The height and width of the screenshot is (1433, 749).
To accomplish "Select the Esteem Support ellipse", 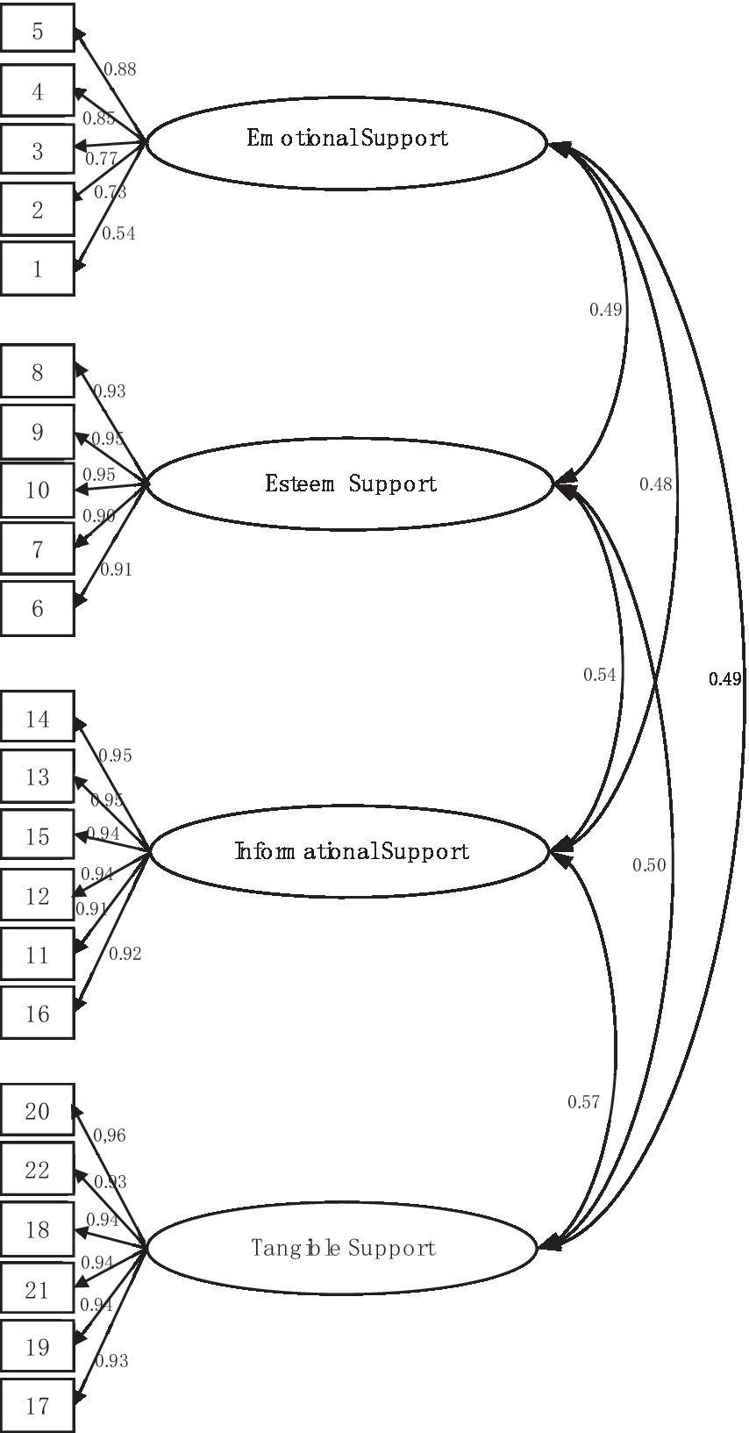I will [351, 484].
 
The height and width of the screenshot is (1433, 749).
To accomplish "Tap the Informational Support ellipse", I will [351, 851].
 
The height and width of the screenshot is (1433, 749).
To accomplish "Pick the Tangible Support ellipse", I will [342, 1247].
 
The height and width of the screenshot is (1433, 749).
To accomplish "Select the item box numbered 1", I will [37, 269].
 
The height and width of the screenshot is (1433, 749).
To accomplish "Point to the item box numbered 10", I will [37, 490].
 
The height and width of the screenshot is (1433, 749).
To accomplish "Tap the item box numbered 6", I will [37, 608].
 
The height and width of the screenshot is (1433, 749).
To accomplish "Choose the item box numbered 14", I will [37, 719].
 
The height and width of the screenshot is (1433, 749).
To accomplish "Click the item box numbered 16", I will [37, 1014].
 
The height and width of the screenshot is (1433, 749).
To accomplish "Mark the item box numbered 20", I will [37, 1111].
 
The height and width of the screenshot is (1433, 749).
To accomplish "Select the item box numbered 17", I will [37, 1406].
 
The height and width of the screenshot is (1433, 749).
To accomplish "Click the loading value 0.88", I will [120, 69].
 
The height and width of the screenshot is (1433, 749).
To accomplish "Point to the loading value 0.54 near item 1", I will [118, 233].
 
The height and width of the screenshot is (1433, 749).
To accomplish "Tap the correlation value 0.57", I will [583, 1102].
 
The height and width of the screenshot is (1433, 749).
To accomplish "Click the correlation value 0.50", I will [649, 865].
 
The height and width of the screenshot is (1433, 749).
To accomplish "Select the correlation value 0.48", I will [655, 484].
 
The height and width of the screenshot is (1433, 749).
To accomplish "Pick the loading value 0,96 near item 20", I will [110, 1136].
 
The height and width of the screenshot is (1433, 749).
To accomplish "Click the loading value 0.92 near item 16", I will [125, 953].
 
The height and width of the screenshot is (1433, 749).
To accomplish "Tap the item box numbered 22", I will [37, 1170].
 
